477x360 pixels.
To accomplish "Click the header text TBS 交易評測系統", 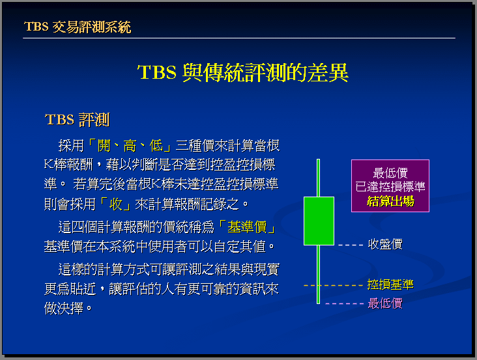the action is click(78, 27).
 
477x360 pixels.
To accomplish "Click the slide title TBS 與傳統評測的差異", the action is click(243, 73).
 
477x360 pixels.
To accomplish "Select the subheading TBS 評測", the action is click(77, 120).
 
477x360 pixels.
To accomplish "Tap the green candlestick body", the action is click(319, 221).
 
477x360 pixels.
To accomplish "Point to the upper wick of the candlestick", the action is click(318, 178).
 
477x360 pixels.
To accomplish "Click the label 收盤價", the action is click(385, 244).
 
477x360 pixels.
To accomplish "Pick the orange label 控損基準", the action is click(390, 284).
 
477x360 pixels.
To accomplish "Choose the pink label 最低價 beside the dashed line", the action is click(385, 303).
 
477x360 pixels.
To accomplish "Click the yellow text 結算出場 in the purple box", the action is click(390, 201).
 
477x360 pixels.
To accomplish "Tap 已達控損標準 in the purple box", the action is click(390, 187).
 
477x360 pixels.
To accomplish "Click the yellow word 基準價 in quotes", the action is click(247, 227).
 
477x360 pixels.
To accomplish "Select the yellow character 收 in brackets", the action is click(115, 204).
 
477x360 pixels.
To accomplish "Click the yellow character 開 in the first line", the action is click(104, 146).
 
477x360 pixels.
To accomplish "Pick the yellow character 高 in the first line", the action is click(130, 146).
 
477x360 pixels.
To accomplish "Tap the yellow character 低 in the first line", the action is click(156, 146).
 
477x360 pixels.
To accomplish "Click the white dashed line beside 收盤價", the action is click(351, 245).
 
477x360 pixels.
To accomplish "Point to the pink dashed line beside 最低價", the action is click(344, 303).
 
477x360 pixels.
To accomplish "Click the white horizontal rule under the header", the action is click(239, 38).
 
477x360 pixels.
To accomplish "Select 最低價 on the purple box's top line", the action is click(390, 173).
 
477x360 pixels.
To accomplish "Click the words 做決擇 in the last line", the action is click(64, 309).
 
